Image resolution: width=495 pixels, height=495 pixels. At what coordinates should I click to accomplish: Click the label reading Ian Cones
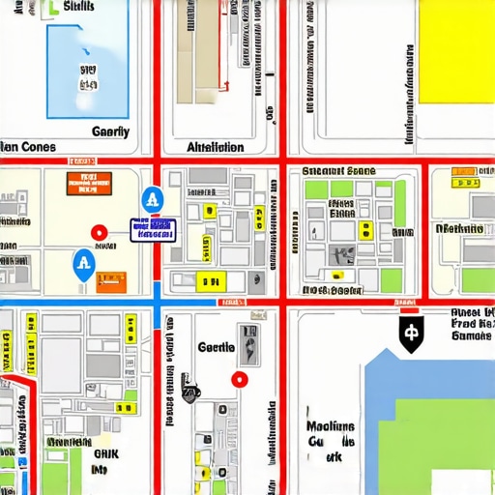tap(29, 148)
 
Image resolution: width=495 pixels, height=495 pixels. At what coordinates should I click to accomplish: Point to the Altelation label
tap(215, 148)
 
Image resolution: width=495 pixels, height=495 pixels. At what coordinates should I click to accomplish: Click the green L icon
tap(50, 10)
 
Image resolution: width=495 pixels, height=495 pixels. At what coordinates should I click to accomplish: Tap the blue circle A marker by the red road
tap(152, 200)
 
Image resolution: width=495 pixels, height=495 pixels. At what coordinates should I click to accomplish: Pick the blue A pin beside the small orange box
tap(84, 263)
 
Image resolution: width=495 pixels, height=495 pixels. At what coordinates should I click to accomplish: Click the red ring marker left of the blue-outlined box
tap(98, 233)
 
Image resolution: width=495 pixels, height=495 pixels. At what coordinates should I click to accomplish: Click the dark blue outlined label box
tap(154, 229)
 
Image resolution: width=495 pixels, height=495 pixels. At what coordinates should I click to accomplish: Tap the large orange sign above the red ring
tap(88, 184)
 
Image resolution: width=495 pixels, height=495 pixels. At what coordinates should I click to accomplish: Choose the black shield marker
tap(411, 334)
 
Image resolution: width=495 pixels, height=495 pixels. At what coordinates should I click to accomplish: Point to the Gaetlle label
tap(216, 347)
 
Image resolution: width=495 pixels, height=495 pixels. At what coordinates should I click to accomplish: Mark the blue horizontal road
tap(77, 306)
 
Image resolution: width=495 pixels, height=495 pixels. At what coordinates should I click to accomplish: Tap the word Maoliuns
tap(329, 426)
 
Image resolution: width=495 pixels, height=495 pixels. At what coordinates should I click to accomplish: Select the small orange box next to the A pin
tap(111, 280)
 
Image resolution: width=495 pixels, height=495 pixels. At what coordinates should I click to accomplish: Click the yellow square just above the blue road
tap(208, 281)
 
